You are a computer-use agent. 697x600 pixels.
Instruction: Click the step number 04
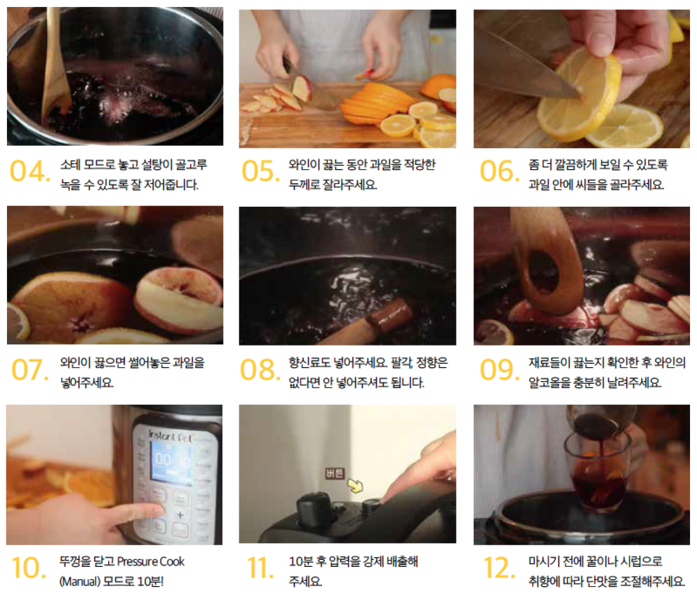click(30, 171)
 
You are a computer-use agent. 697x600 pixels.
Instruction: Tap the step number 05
click(261, 171)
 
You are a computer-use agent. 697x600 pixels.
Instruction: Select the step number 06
click(500, 171)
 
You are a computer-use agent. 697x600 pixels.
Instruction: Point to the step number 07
click(30, 369)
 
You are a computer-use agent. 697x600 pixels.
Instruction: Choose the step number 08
click(260, 369)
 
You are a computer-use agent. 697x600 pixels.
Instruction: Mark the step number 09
click(500, 369)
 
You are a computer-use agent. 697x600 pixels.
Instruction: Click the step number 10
click(28, 567)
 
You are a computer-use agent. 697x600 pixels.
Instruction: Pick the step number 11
click(260, 567)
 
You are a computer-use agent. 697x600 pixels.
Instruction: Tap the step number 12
click(500, 567)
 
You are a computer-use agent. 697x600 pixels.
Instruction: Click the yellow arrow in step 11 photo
click(355, 486)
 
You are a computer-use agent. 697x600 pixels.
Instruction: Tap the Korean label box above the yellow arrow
click(335, 473)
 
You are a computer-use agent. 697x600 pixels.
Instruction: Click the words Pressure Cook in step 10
click(150, 562)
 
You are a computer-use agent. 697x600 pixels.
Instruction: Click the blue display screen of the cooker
click(171, 461)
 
